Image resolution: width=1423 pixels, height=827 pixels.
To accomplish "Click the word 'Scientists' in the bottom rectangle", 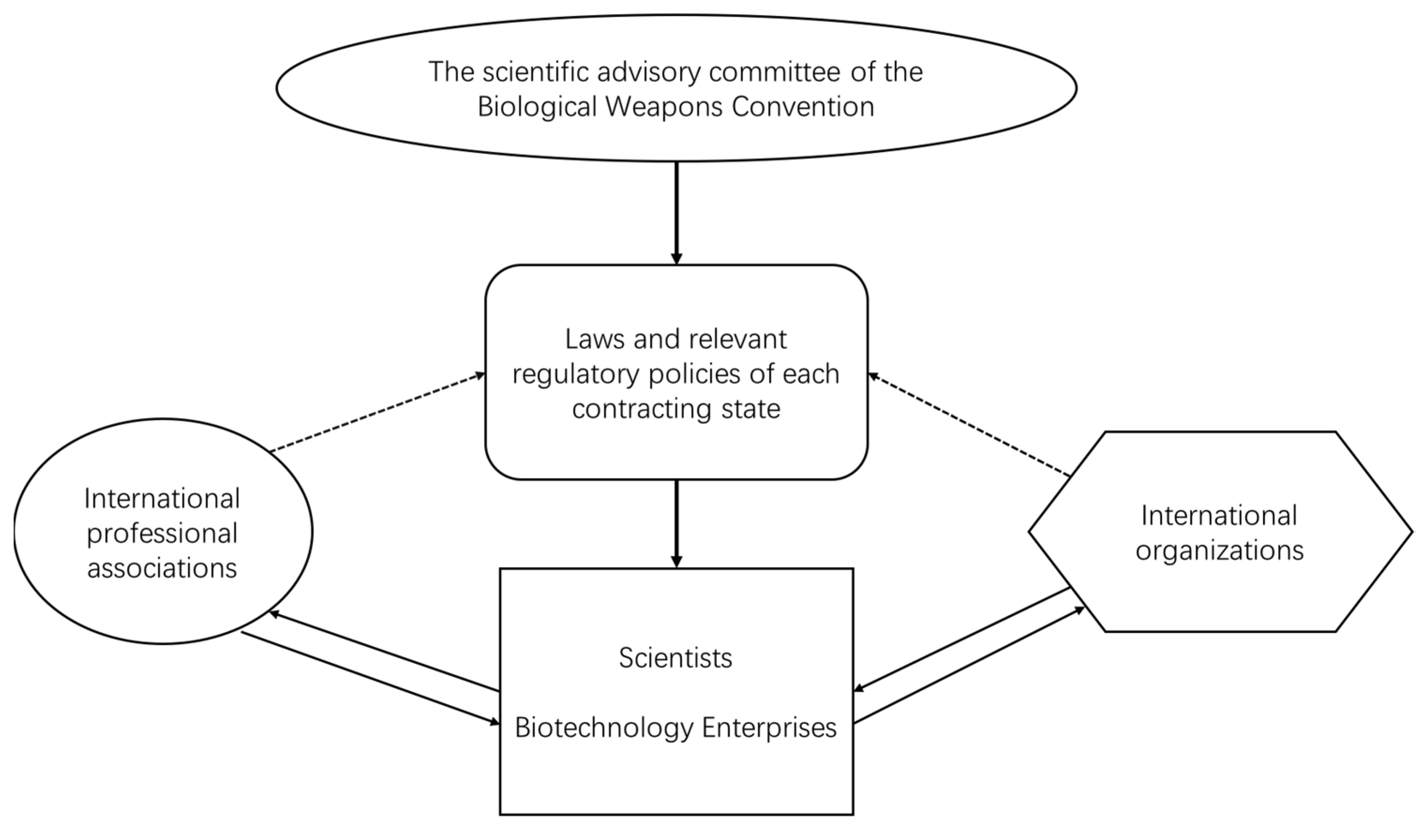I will [675, 658].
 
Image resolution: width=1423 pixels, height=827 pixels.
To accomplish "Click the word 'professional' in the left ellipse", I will [162, 534].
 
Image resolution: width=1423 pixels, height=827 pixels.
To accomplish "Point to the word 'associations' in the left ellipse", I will [162, 568].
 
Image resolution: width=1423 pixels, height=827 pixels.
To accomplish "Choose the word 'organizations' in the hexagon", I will [1220, 550].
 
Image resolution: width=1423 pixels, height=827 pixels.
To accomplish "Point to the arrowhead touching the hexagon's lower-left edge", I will [1079, 609].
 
